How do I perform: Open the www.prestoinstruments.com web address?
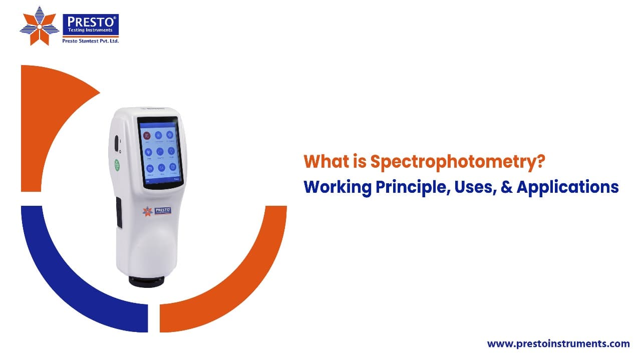[x=558, y=344]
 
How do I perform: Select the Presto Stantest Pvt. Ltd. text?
[x=90, y=41]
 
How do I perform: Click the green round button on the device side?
[x=117, y=165]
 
